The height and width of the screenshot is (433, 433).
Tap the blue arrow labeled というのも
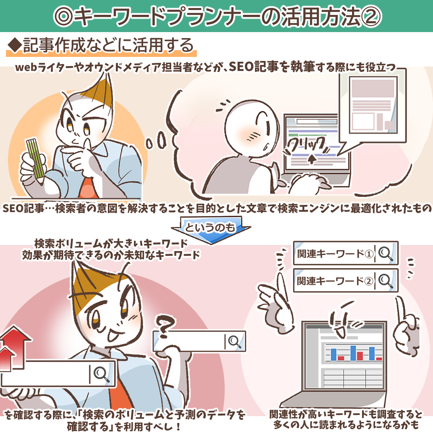(211, 230)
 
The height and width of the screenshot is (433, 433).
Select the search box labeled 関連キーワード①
(346, 253)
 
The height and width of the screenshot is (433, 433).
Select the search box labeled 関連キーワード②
(346, 280)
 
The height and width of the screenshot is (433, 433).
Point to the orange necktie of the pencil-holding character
(88, 188)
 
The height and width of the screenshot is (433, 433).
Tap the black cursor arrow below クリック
(312, 159)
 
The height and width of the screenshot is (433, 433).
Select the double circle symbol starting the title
(63, 16)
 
